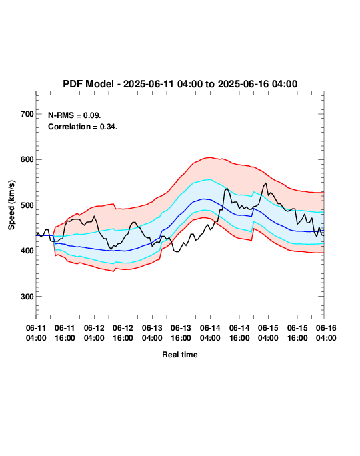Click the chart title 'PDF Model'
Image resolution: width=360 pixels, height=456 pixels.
[88, 84]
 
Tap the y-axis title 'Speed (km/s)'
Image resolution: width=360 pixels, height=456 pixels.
[11, 205]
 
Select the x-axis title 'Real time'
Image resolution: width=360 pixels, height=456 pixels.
[180, 355]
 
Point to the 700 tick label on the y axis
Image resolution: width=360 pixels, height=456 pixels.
[27, 114]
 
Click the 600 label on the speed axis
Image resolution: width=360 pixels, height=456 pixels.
[27, 159]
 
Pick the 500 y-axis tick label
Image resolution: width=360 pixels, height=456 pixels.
[27, 205]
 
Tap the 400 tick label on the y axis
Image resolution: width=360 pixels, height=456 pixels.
[27, 251]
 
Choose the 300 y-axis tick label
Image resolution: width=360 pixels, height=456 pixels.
[27, 297]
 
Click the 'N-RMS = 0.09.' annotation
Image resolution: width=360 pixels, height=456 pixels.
[75, 115]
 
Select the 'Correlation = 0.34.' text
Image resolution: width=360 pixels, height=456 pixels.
[83, 127]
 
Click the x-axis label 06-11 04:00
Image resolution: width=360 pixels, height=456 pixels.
[36, 333]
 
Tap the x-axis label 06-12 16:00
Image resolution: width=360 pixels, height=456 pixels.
[123, 333]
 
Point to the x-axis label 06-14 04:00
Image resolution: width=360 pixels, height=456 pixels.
[210, 333]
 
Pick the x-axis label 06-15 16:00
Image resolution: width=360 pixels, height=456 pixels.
[297, 333]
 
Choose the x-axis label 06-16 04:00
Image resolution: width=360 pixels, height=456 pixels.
[326, 333]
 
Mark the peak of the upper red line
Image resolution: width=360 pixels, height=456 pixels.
[210, 157]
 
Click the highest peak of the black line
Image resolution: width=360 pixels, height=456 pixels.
[265, 183]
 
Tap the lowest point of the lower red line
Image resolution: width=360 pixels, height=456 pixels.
[113, 271]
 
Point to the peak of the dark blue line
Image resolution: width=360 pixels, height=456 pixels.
[203, 199]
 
